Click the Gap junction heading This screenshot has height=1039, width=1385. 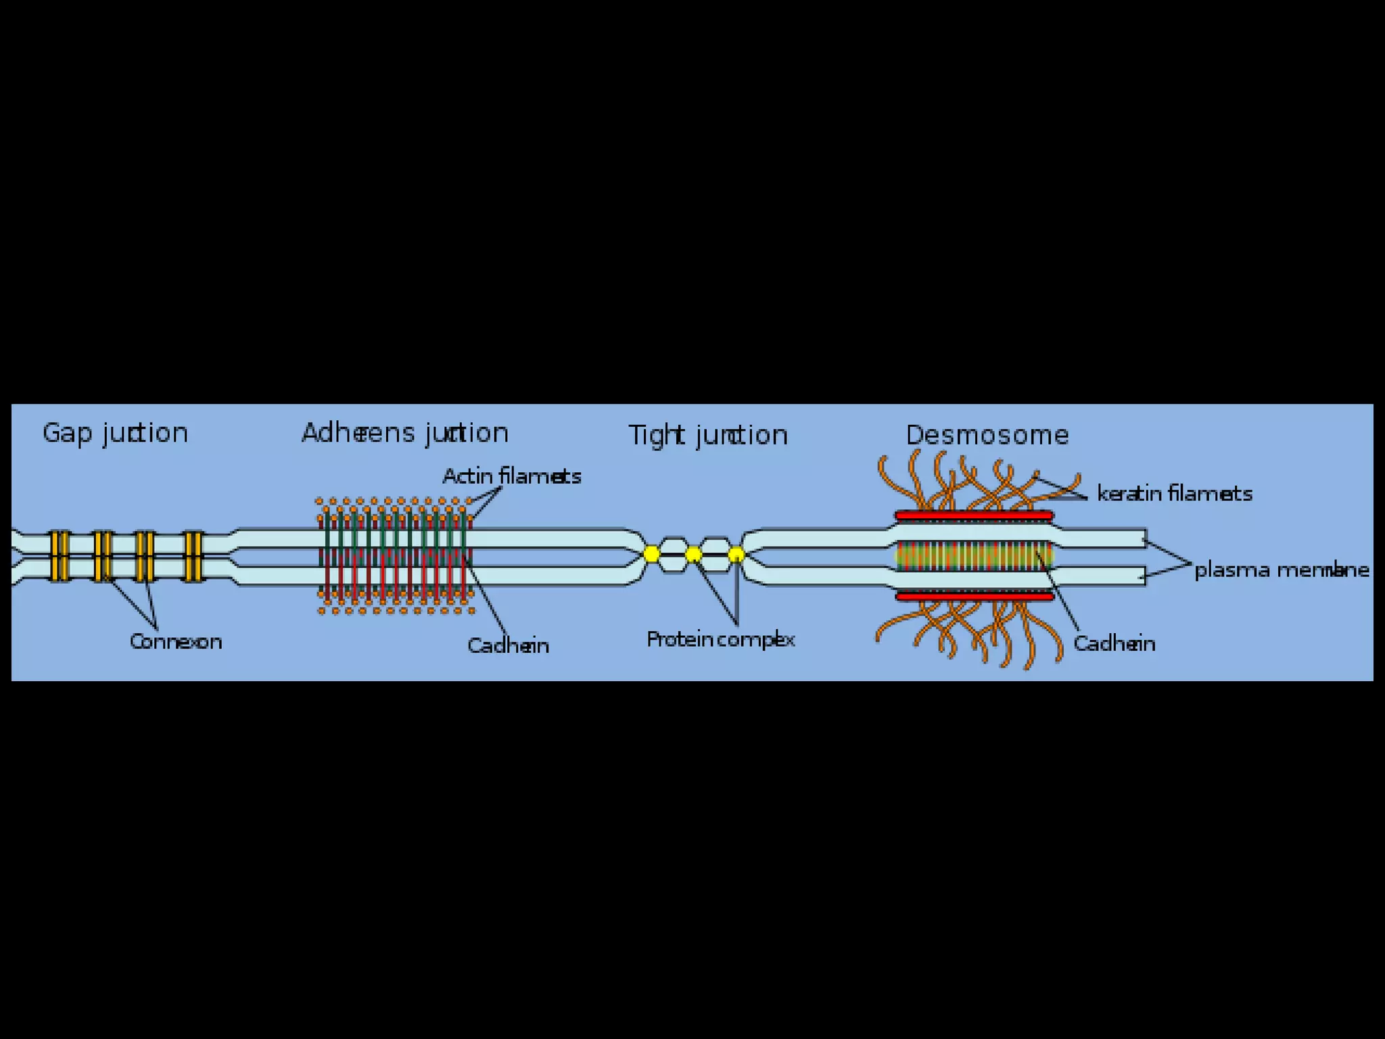pos(115,433)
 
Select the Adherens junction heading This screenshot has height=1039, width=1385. pos(404,433)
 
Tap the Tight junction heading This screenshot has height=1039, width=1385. pos(708,435)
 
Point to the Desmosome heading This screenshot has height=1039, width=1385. pos(987,435)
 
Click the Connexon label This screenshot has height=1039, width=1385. pos(176,641)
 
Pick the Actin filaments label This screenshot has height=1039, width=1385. pos(512,476)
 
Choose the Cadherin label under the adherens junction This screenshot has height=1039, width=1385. pos(508,645)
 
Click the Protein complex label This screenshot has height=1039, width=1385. pos(720,639)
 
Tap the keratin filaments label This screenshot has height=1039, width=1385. pos(1175,493)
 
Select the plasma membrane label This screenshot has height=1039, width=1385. pos(1282,570)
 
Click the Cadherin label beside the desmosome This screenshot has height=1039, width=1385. pos(1114,643)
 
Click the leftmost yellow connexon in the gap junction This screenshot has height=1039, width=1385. pos(60,556)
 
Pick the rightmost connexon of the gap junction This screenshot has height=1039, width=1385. pos(194,556)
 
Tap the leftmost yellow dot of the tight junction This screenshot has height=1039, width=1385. pos(651,555)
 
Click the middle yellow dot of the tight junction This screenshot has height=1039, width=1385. pos(693,555)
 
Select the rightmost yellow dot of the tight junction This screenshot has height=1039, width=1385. pos(736,555)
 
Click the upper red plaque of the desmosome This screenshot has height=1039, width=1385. pos(974,516)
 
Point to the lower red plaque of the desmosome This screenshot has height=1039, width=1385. pos(975,597)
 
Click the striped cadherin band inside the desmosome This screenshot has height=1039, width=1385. pos(974,556)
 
